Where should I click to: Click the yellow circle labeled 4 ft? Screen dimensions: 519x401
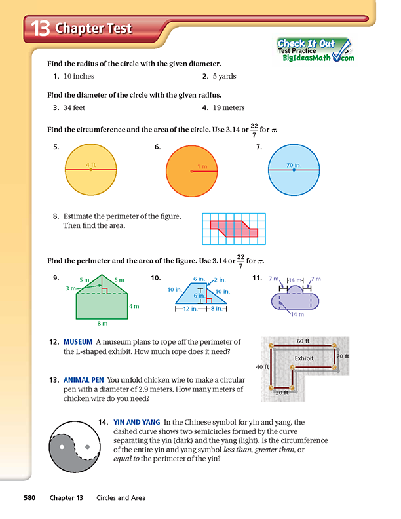pos(90,170)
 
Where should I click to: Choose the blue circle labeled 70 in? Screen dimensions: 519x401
pos(294,170)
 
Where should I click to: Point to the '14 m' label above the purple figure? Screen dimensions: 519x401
pos(296,279)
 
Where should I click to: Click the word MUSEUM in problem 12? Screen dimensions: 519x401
pos(77,342)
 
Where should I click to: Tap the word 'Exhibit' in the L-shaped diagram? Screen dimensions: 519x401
pos(304,358)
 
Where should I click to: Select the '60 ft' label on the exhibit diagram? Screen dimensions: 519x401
pos(303,341)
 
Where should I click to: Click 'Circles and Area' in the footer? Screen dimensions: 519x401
pos(121,498)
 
